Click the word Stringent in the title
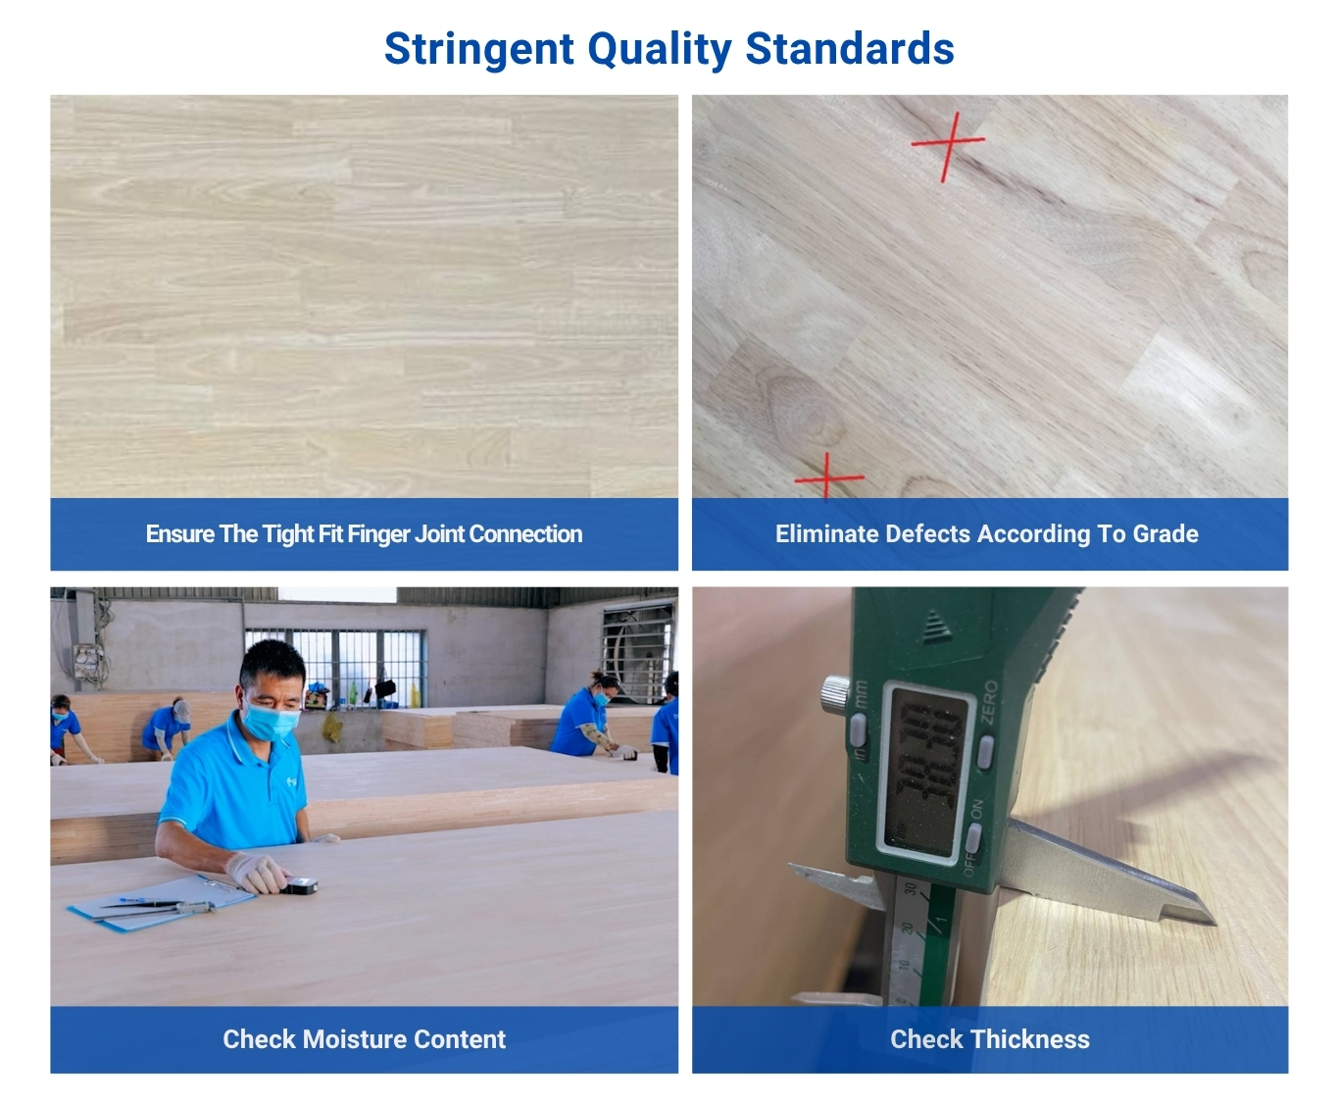point(478,49)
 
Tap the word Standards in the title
point(850,49)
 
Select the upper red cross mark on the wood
point(947,145)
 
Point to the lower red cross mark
point(828,477)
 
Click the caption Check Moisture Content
point(364,1039)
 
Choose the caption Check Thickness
point(989,1039)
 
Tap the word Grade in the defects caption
point(1165,533)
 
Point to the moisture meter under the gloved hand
point(302,886)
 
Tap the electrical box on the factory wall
point(87,662)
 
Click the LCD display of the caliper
point(922,769)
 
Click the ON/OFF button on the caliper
point(972,839)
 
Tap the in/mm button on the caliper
point(858,729)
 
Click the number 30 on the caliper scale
point(910,890)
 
